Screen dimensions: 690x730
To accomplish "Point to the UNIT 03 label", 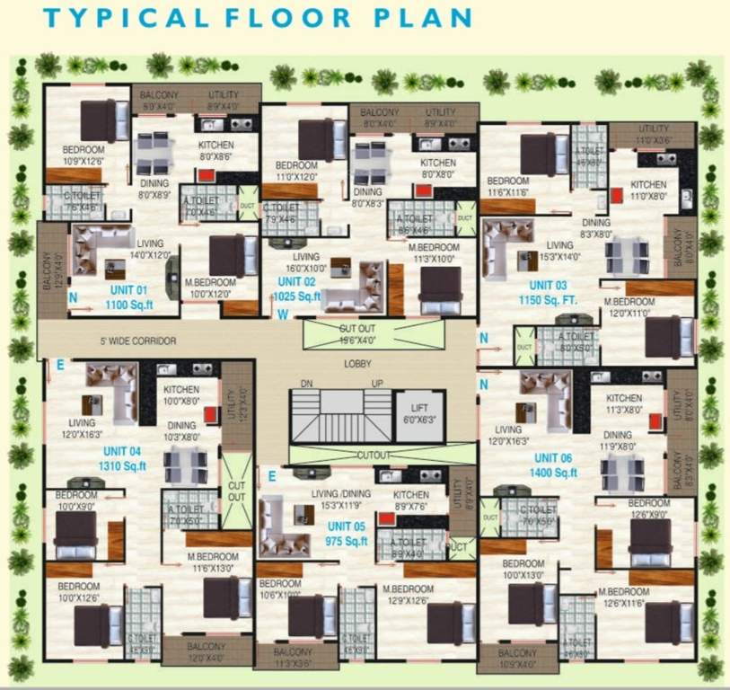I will pos(549,285).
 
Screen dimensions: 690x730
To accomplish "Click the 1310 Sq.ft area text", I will pos(122,465).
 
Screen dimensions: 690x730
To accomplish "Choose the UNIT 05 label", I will pos(347,526).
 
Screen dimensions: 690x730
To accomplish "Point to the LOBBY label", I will pos(356,364).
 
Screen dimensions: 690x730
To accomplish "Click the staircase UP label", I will pos(378,384).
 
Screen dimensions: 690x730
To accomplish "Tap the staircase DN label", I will pos(305,384).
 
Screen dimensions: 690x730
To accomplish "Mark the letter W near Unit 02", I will pos(283,314).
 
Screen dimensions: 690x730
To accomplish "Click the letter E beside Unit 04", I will pos(61,365).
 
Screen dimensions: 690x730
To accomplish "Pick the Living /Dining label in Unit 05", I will pos(337,494).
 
